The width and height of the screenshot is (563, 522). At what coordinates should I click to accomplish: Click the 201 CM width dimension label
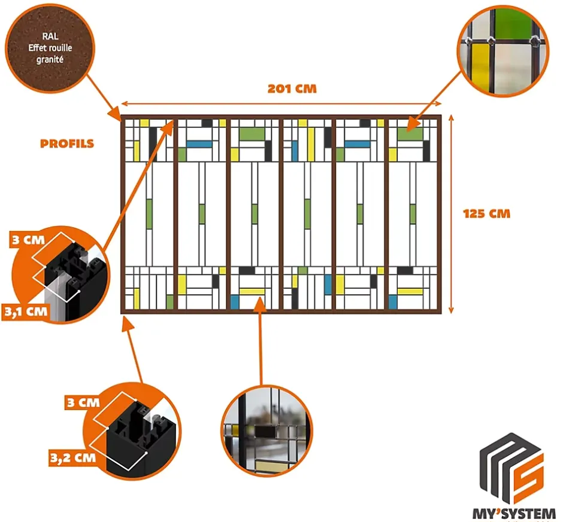292,89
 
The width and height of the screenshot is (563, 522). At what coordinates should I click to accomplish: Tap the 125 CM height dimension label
486,213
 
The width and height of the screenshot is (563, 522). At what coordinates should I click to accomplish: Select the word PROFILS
67,144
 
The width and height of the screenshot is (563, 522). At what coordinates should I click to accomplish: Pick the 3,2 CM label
72,458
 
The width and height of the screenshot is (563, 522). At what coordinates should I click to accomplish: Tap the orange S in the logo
528,472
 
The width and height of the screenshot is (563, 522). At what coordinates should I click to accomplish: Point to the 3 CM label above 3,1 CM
26,241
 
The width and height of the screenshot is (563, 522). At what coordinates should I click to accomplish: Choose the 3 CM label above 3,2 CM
82,402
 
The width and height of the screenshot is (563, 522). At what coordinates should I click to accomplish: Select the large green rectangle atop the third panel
252,133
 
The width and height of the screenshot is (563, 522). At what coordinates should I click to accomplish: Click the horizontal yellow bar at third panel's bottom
252,291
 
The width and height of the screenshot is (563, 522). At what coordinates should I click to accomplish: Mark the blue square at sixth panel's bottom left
392,301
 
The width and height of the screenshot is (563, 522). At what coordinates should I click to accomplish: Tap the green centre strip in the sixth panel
413,213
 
